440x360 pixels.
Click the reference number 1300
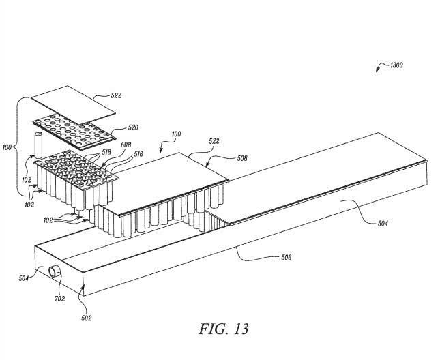pyautogui.click(x=396, y=65)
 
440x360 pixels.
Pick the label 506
pyautogui.click(x=286, y=258)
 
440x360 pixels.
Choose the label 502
pyautogui.click(x=87, y=318)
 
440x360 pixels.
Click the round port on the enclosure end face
pyautogui.click(x=53, y=272)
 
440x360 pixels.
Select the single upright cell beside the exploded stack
pyautogui.click(x=38, y=145)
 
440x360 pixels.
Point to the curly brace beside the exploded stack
pyautogui.click(x=20, y=146)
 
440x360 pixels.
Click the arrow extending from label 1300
pyautogui.click(x=381, y=67)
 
